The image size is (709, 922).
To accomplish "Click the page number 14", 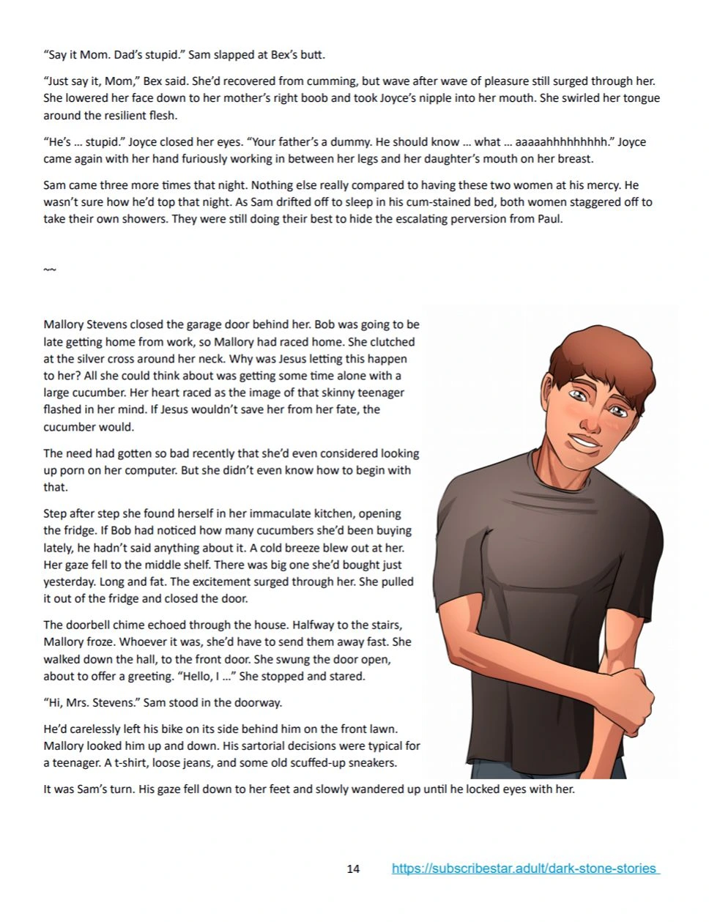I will point(353,869).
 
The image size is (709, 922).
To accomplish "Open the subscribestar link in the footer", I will point(524,869).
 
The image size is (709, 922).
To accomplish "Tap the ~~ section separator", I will point(49,270).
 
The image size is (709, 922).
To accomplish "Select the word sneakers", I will point(371,762).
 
